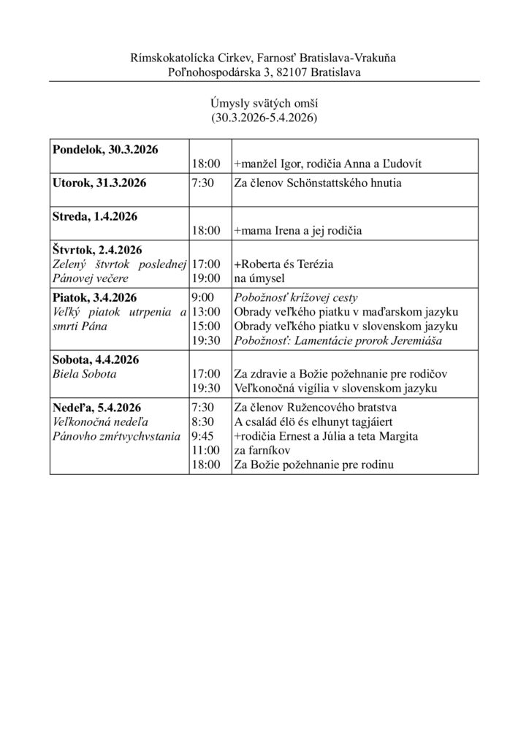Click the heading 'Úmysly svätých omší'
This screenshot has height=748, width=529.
[264, 104]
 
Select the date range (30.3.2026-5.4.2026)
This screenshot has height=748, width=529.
[264, 117]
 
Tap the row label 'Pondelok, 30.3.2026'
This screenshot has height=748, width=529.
[104, 150]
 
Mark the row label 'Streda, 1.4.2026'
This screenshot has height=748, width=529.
[94, 216]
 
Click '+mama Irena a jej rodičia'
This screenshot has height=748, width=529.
[298, 231]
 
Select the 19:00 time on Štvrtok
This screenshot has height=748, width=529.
[206, 278]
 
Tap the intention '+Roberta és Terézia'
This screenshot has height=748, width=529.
[283, 264]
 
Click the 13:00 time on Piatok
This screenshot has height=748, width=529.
[206, 312]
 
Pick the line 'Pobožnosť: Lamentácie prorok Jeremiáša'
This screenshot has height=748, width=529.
[333, 340]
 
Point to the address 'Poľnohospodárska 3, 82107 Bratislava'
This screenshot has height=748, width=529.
[264, 72]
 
